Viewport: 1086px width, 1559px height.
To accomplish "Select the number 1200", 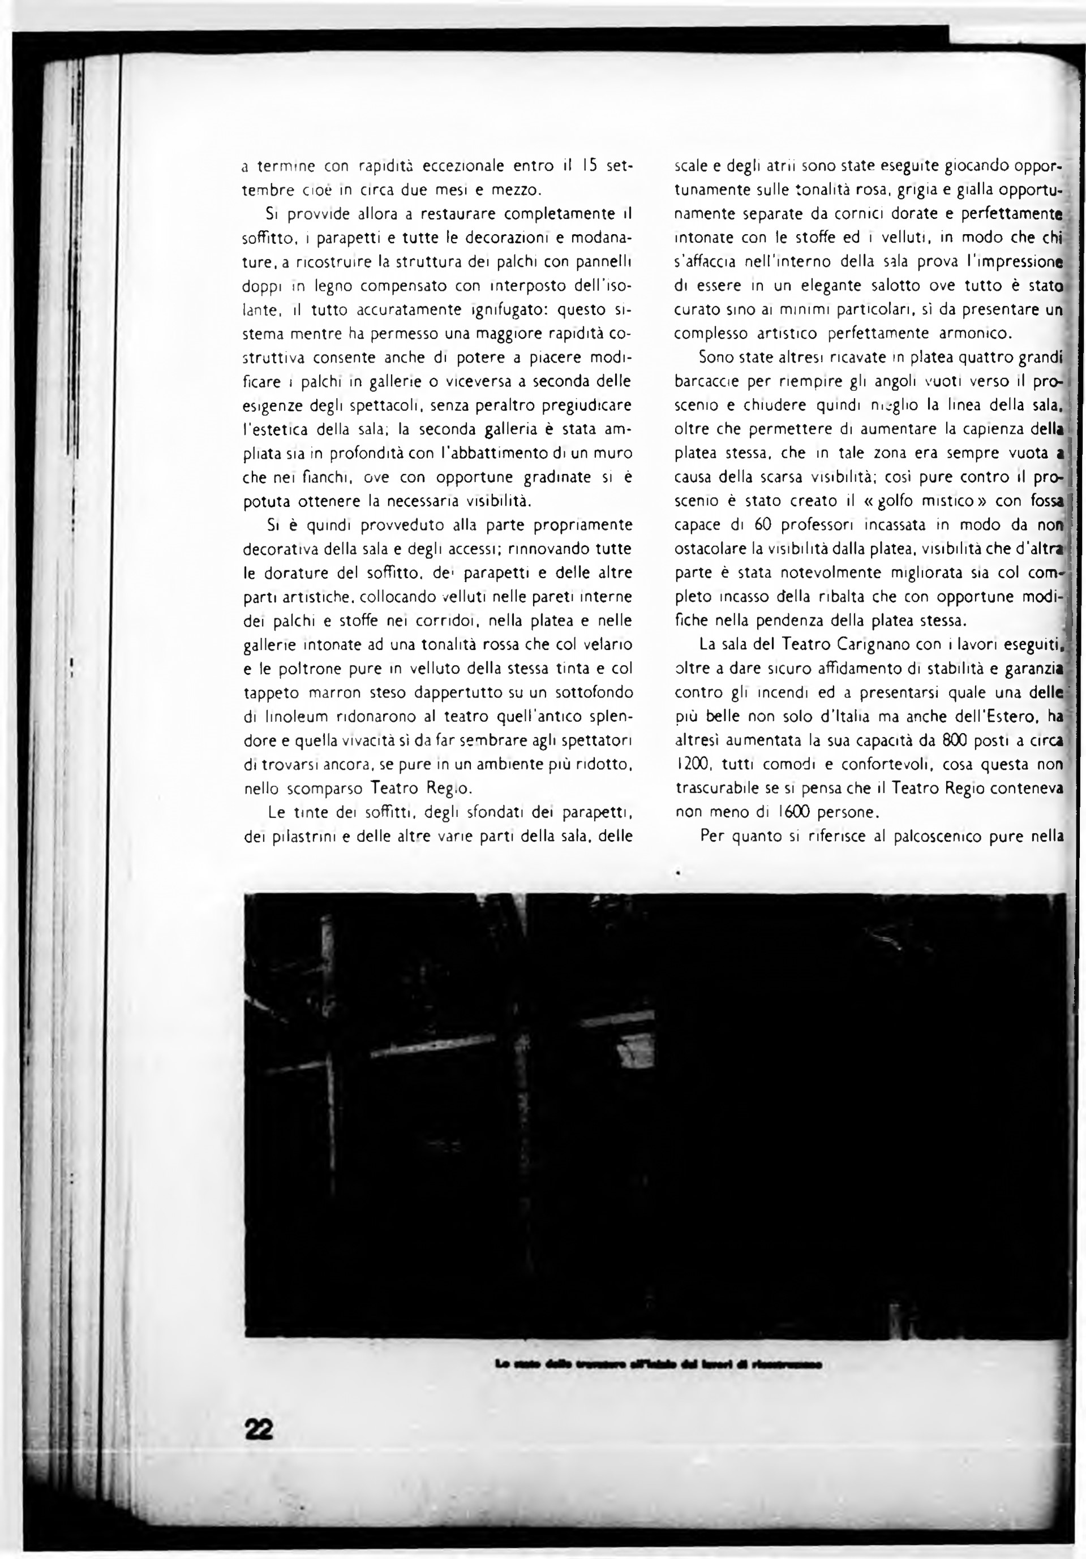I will [x=692, y=764].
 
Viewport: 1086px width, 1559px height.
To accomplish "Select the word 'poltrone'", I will [x=312, y=668].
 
